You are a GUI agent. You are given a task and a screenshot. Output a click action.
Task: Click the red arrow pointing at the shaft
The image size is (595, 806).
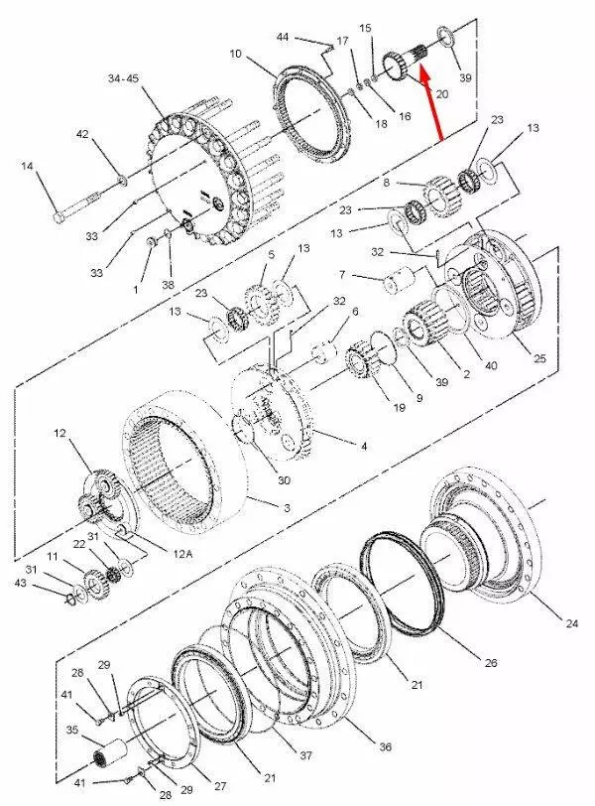431,102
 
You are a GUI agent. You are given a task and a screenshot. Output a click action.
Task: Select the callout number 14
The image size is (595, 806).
27,166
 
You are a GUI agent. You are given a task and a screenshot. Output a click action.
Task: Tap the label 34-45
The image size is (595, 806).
123,78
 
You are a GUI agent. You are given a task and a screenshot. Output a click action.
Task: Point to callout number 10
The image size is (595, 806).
235,54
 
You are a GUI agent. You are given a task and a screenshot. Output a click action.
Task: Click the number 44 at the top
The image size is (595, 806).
283,37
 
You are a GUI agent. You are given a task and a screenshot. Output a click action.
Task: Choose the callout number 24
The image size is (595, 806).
572,623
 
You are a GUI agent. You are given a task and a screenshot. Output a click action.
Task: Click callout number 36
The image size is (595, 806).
385,746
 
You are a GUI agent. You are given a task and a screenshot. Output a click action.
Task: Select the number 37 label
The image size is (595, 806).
306,755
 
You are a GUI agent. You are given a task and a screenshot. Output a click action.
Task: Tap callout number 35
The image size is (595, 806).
72,730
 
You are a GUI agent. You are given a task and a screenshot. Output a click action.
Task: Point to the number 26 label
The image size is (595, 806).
491,663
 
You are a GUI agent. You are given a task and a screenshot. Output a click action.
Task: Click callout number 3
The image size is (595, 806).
287,508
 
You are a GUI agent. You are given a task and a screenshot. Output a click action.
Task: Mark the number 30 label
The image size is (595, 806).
284,480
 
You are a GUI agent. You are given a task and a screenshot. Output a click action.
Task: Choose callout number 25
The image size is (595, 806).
539,358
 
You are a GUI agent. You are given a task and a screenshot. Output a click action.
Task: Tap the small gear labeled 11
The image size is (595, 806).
94,584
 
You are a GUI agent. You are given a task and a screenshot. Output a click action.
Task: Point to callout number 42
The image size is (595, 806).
82,134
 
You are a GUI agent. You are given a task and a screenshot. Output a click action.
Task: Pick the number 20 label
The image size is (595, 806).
442,94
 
